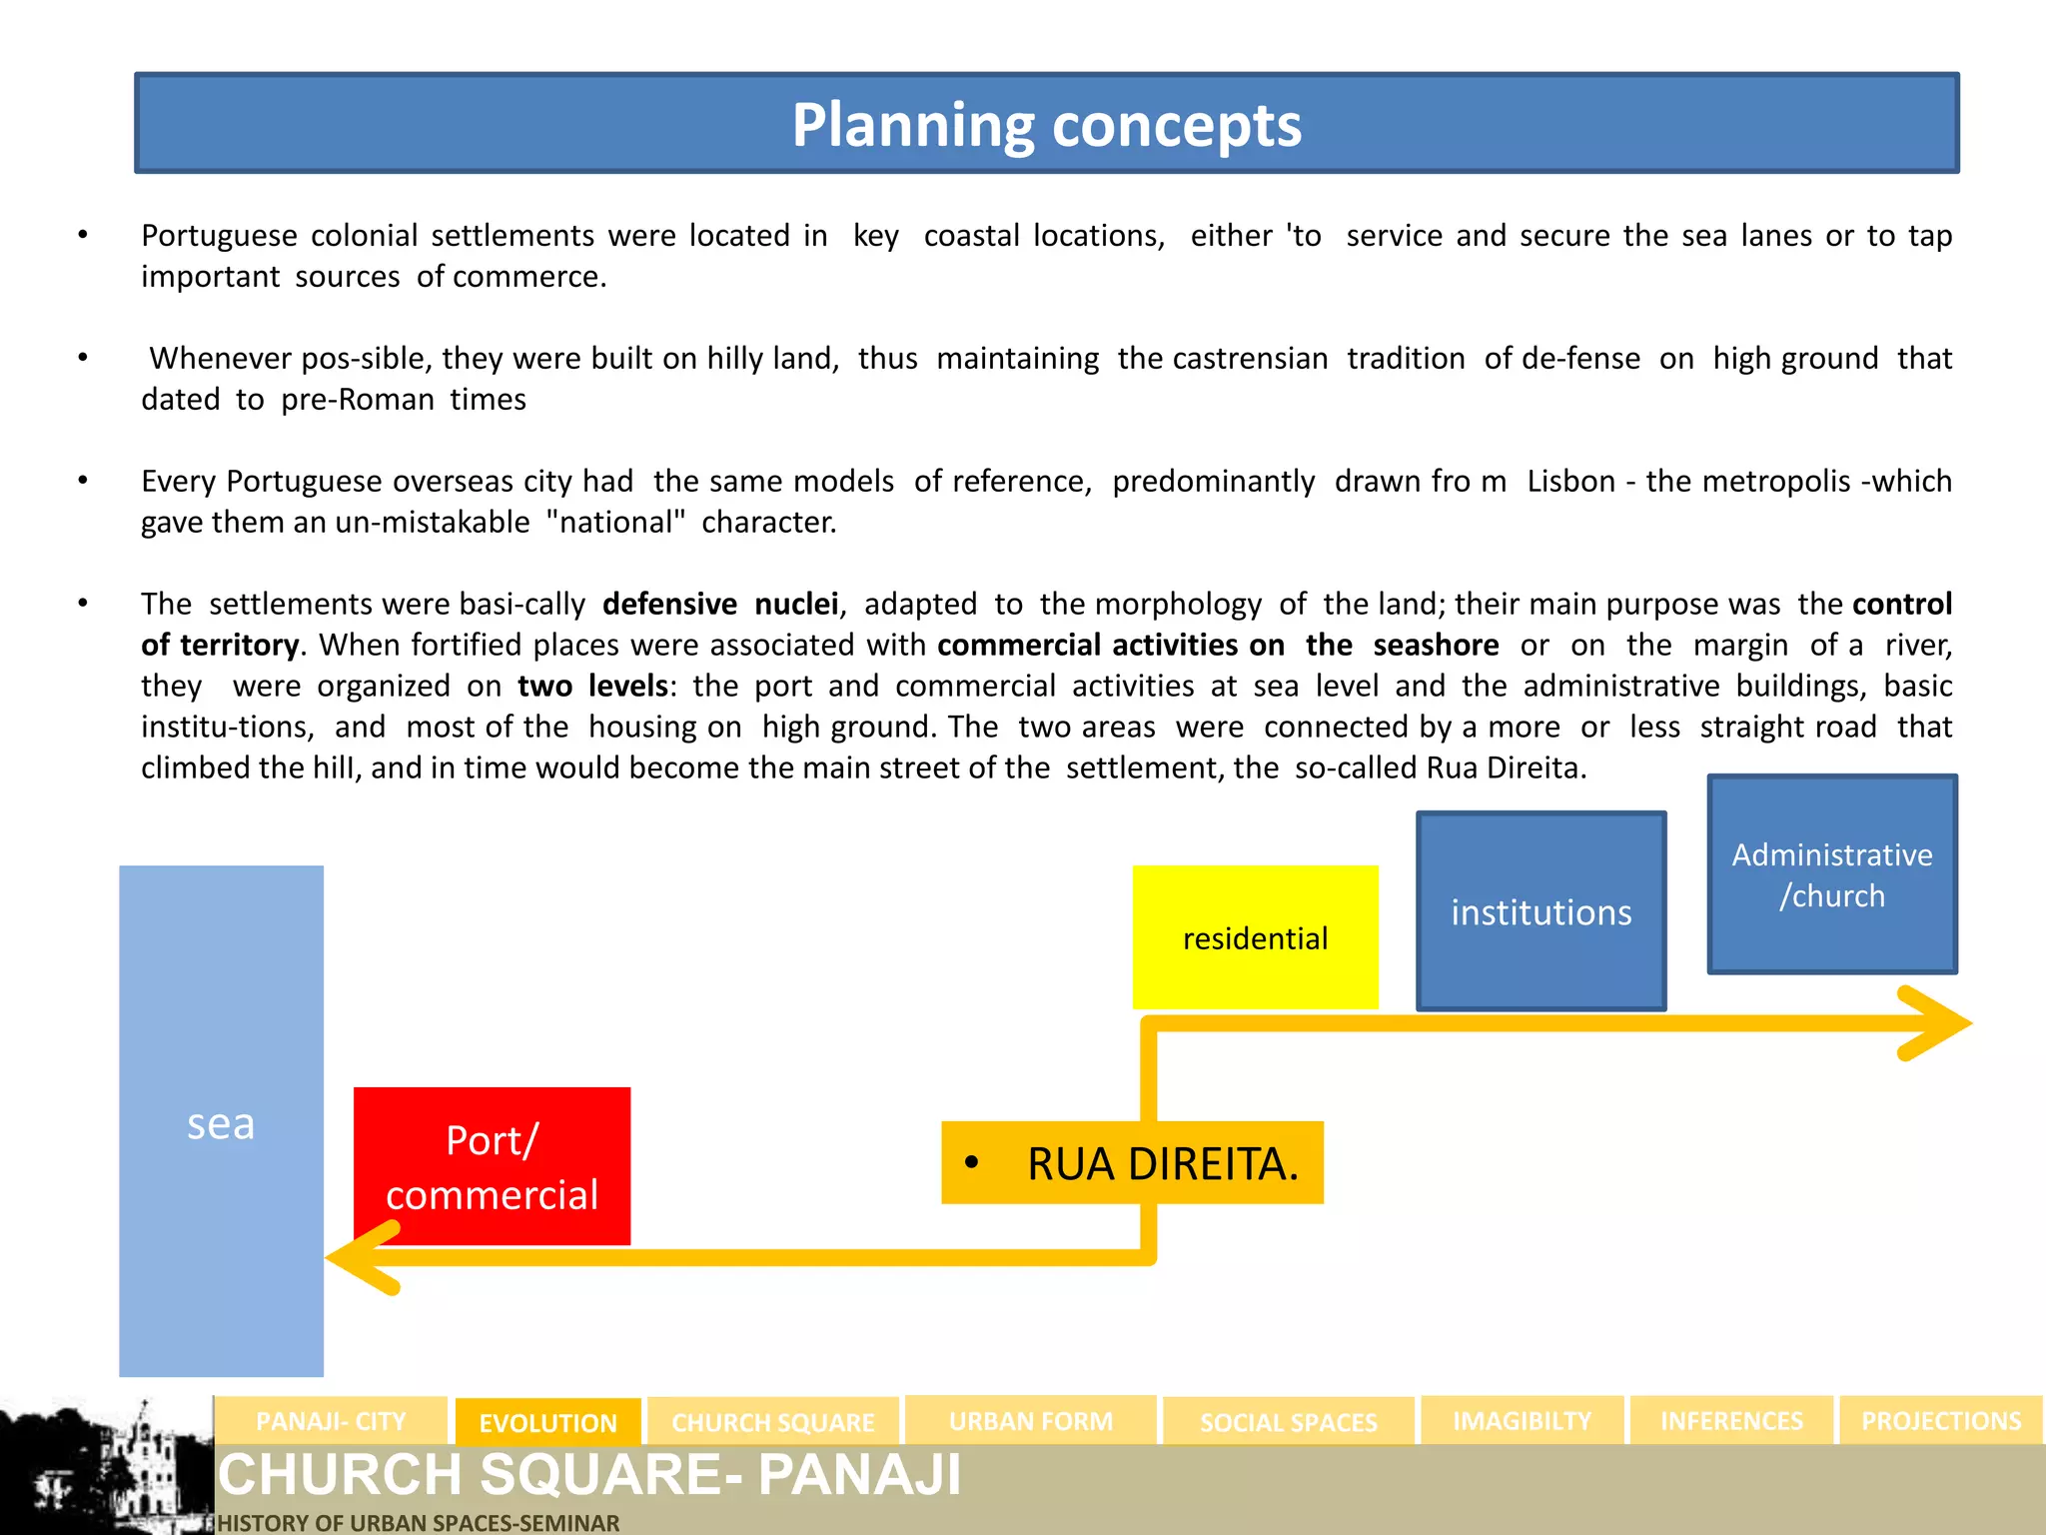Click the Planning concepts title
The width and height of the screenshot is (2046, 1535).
(1046, 125)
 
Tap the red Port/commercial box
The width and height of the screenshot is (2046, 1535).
(492, 1166)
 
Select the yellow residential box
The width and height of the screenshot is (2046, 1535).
(1255, 937)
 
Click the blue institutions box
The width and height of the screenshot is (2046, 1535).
(1540, 911)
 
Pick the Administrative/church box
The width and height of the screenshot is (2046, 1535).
(1831, 874)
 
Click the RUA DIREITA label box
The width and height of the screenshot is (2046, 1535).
(1132, 1163)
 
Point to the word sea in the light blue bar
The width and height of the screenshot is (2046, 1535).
(221, 1124)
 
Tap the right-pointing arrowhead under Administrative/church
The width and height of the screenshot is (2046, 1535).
(1938, 1023)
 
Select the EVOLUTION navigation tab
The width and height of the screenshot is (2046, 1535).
(547, 1422)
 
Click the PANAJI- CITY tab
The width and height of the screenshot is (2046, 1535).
(331, 1420)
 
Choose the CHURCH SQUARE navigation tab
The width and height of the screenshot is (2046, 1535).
(772, 1422)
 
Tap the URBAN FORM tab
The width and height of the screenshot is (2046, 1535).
(1030, 1420)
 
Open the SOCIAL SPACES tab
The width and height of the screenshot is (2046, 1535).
(1288, 1422)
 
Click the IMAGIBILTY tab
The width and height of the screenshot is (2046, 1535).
(1522, 1420)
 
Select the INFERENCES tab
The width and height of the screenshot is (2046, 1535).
(1731, 1420)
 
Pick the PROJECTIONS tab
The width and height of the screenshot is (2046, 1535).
(1940, 1420)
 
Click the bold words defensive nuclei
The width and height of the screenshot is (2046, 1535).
(720, 604)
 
